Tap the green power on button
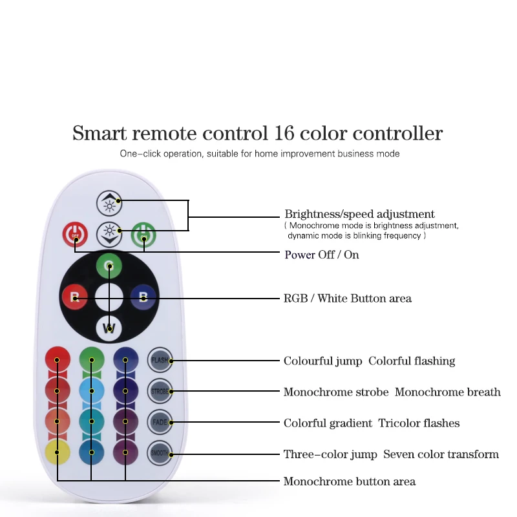(143, 235)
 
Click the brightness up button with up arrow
(109, 203)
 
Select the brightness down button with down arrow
(109, 234)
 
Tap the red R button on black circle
(74, 297)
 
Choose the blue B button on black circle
(143, 297)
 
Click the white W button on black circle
(109, 328)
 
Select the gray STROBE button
(160, 391)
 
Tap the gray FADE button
(160, 422)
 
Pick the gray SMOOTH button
(160, 453)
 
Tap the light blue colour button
(92, 391)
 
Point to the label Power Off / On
(322, 255)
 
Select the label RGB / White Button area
(348, 299)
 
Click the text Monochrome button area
(350, 481)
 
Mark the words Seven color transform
(441, 454)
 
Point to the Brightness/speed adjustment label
(360, 215)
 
